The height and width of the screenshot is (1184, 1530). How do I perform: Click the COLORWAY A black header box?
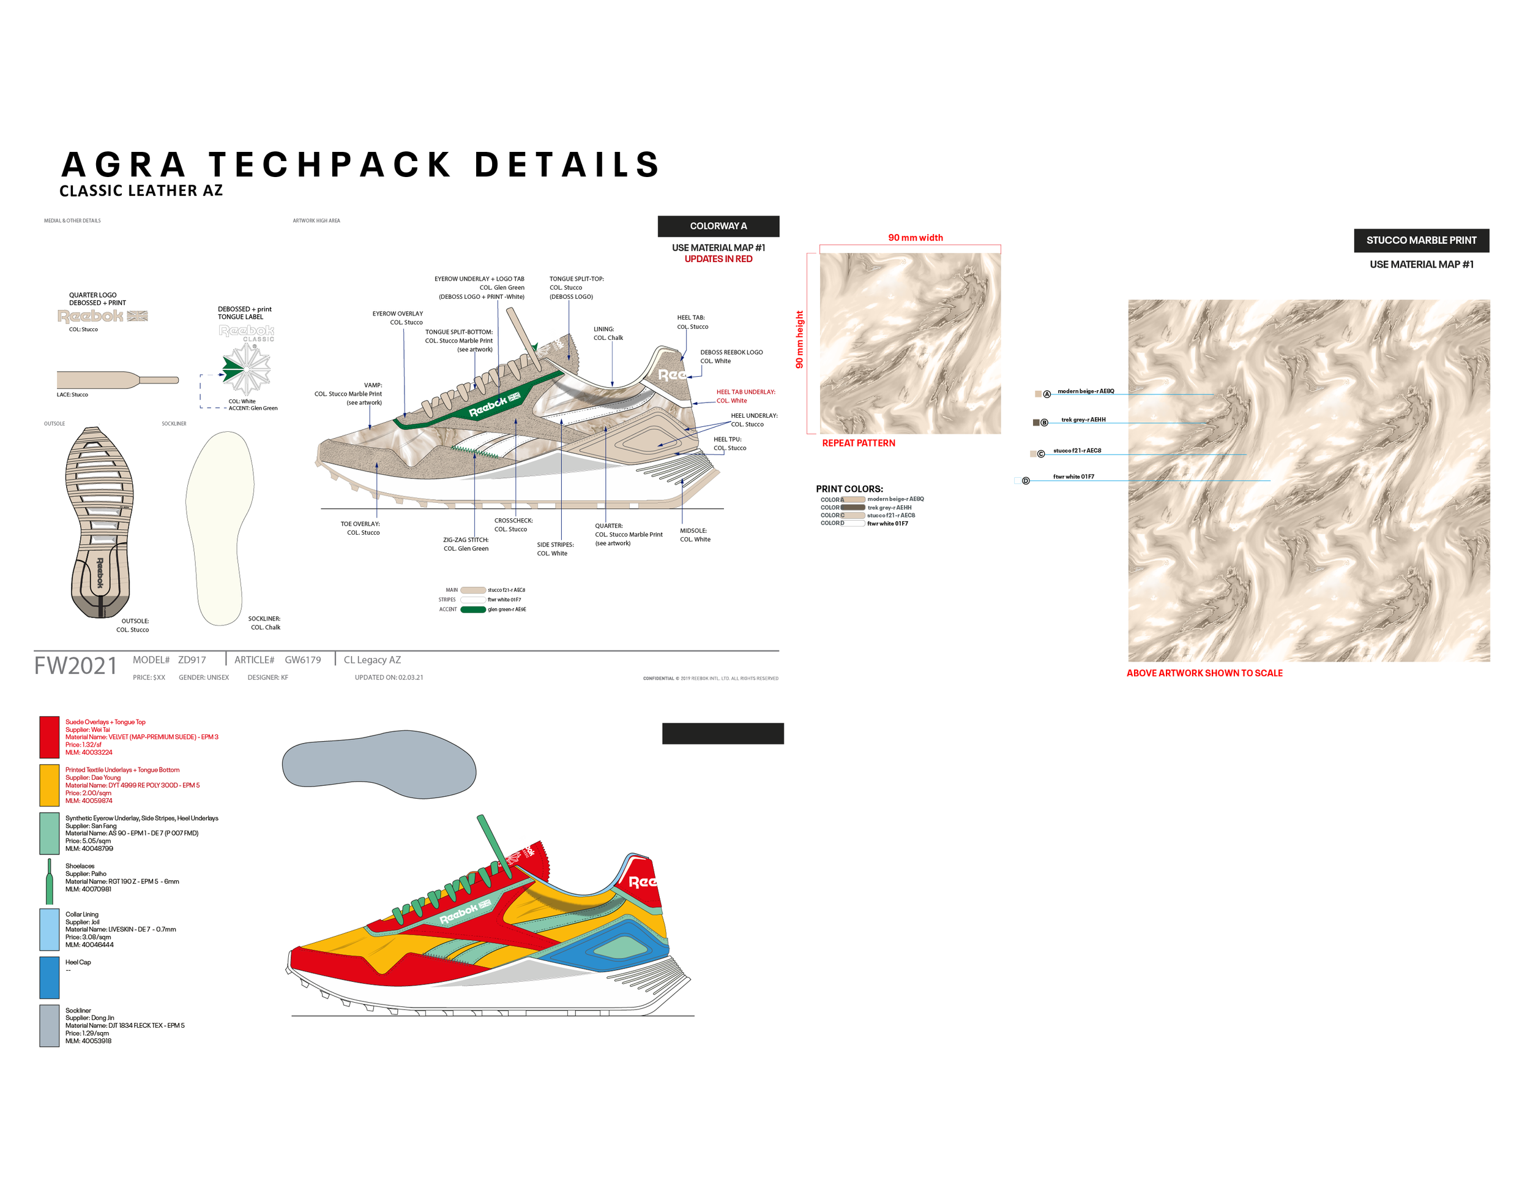718,226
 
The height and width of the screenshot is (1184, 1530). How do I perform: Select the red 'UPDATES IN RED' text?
718,258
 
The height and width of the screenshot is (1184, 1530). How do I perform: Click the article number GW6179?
303,660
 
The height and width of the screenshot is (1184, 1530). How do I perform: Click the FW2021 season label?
76,665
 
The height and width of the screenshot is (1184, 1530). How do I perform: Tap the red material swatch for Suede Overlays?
49,737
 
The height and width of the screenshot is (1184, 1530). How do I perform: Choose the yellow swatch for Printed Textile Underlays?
49,785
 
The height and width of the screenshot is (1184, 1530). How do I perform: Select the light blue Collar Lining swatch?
49,929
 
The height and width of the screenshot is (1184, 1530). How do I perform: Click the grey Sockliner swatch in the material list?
49,1025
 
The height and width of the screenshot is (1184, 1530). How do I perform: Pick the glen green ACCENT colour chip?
473,609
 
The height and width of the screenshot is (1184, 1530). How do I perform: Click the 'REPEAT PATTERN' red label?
858,443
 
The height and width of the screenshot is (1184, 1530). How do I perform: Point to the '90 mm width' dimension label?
915,238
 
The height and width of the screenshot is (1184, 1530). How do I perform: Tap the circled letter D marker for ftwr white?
1026,481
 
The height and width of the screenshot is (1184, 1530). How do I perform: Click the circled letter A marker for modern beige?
1047,394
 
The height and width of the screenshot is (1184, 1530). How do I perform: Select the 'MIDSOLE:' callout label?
693,530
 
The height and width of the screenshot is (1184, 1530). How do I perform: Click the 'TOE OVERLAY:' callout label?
360,524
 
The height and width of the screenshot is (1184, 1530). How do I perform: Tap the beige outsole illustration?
100,522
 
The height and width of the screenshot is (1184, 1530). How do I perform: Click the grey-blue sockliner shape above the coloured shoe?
378,764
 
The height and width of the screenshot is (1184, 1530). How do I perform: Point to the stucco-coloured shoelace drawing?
116,380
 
